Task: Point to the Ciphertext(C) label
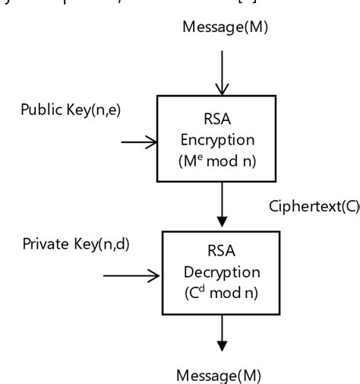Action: coord(312,206)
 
